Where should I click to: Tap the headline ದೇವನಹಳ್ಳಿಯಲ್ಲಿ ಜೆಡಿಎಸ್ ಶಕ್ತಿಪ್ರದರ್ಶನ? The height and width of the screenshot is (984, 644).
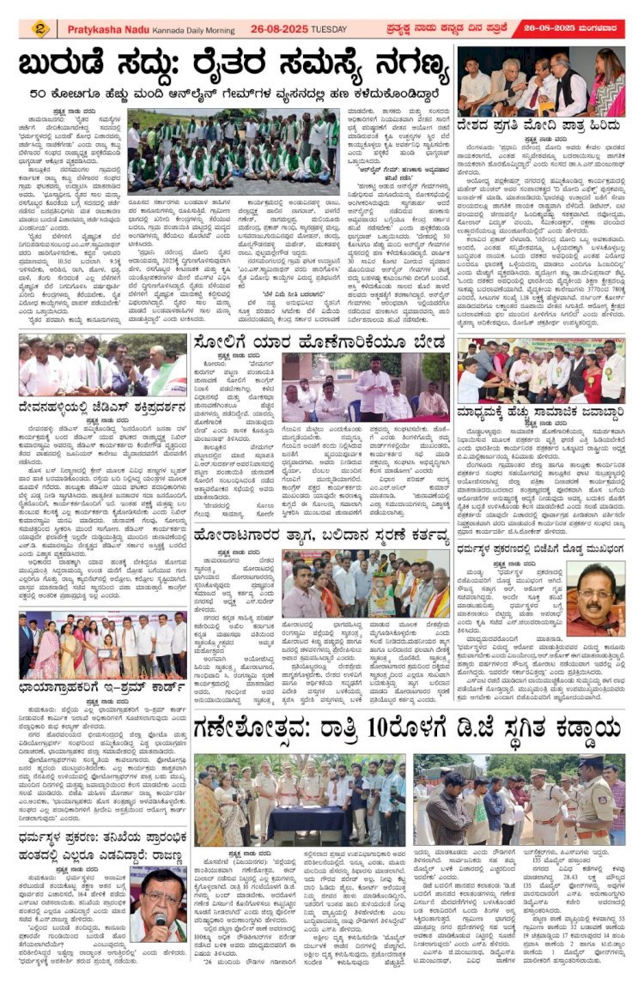pos(106,402)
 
